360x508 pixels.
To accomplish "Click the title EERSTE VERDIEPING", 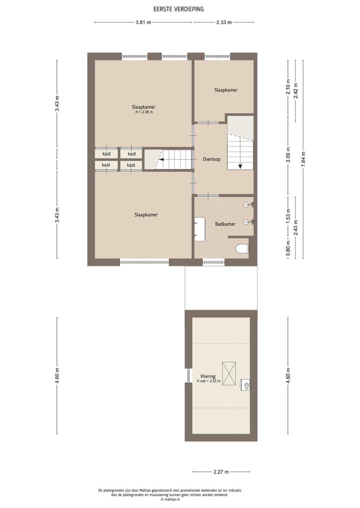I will pos(178,9).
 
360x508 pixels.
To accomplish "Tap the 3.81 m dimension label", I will pos(143,22).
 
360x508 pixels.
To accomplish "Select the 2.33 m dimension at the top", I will pos(224,22).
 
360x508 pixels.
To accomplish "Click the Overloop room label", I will pos(212,159).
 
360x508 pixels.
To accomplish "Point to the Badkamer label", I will pos(225,224).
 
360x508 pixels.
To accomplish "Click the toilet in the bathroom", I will pos(241,248).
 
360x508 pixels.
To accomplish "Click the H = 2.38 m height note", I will pos(143,112).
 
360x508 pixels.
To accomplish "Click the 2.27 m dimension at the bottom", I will pos(220,472).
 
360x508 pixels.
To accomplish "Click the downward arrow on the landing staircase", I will pos(240,167).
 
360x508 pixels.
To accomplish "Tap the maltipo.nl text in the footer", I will pos(170,499).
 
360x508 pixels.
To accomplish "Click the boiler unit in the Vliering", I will pos(245,385).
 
